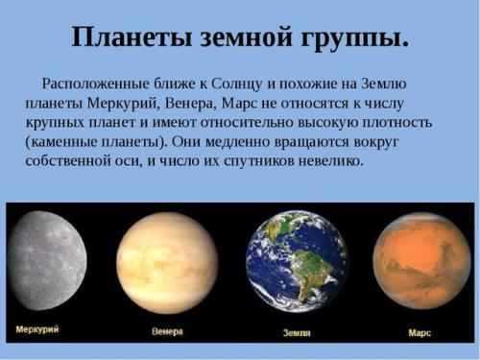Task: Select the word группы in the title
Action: coord(351,37)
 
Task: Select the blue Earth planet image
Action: coord(296,261)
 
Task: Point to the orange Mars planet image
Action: coord(421,260)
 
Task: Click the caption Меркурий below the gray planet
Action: coord(37,330)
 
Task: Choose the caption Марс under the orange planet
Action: coord(420,332)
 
